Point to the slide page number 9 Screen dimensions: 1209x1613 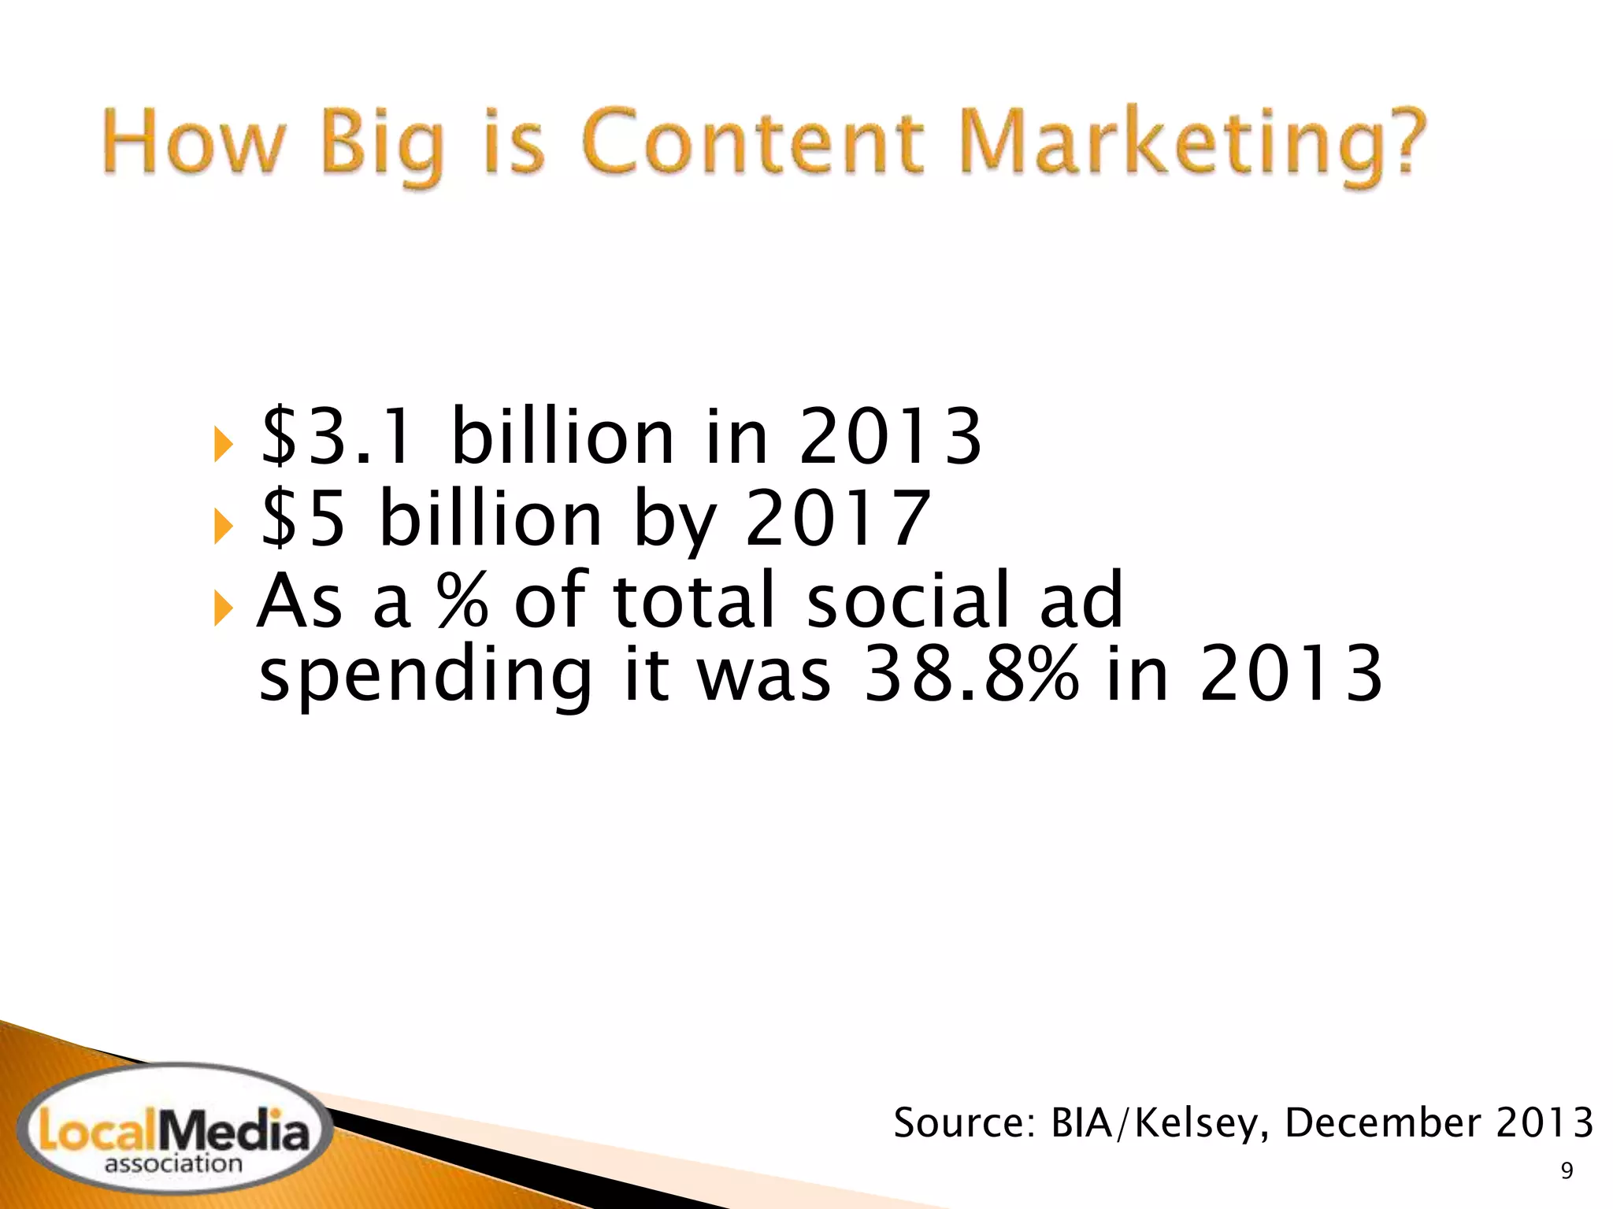tap(1567, 1172)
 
